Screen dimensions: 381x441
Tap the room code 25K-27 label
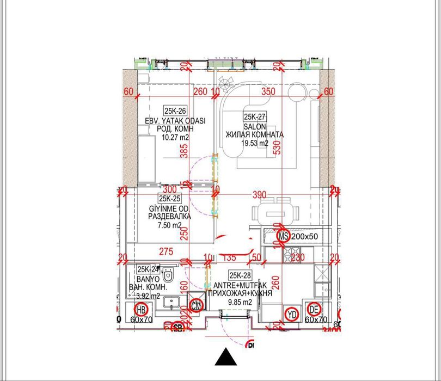point(254,116)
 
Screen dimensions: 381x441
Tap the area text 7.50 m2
point(170,225)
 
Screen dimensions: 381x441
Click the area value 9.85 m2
point(240,302)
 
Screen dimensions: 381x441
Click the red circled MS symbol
point(283,236)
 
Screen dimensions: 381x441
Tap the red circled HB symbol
point(141,310)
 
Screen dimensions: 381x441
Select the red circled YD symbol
point(292,314)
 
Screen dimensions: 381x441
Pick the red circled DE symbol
point(313,310)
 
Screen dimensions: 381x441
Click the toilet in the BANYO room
point(168,275)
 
